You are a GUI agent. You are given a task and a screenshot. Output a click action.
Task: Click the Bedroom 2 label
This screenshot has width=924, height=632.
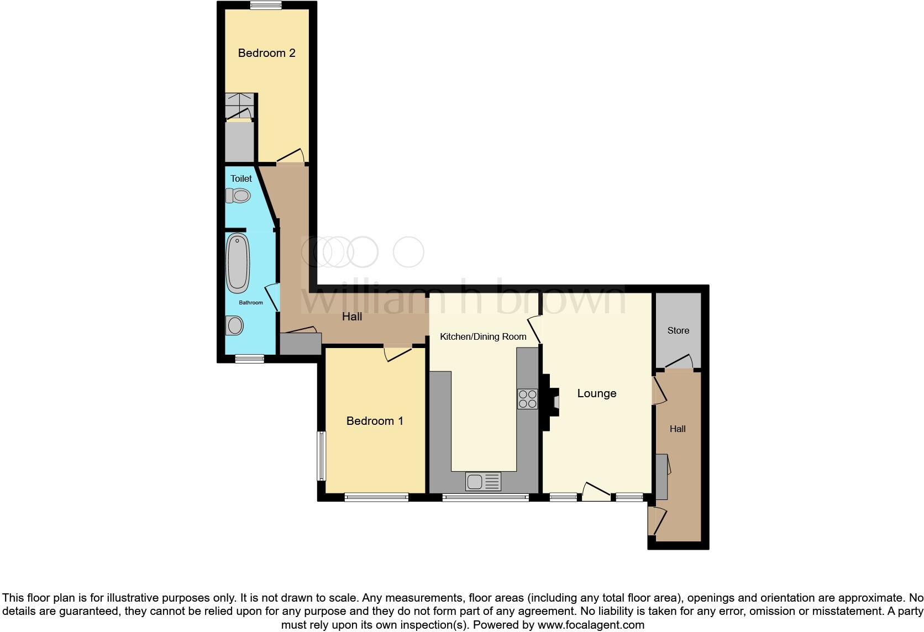[266, 53]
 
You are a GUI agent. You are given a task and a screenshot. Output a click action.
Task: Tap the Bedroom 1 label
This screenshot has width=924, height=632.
[374, 421]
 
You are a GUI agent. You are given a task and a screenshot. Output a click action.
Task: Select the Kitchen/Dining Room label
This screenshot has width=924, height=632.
[482, 336]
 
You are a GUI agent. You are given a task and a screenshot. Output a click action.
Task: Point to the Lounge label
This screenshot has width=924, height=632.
[596, 393]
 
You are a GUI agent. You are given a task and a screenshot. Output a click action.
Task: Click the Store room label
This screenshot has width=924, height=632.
[678, 330]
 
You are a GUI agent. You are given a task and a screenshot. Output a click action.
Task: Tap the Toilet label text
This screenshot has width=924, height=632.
[241, 178]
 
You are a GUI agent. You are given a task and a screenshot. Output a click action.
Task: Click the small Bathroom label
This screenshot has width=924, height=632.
[250, 303]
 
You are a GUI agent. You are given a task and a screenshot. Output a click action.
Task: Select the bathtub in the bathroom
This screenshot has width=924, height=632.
[238, 263]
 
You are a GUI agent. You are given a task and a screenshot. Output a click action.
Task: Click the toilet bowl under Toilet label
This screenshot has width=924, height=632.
[238, 196]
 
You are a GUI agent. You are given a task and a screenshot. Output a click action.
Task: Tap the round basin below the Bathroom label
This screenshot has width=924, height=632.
[235, 325]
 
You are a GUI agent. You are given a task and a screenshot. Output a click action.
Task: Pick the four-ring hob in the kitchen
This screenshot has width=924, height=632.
[527, 399]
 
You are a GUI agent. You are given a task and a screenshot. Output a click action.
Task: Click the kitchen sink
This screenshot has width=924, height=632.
[484, 482]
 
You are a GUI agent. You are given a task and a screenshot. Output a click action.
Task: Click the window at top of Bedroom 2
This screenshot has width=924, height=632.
[266, 6]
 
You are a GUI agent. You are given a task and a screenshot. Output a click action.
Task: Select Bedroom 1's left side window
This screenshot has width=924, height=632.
[321, 456]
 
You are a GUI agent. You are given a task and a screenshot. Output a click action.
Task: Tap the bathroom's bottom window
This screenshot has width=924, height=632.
[249, 359]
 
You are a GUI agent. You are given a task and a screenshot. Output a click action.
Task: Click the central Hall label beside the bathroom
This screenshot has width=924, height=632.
[352, 317]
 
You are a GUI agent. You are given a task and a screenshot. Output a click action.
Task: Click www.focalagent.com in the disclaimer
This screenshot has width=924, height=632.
[591, 625]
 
